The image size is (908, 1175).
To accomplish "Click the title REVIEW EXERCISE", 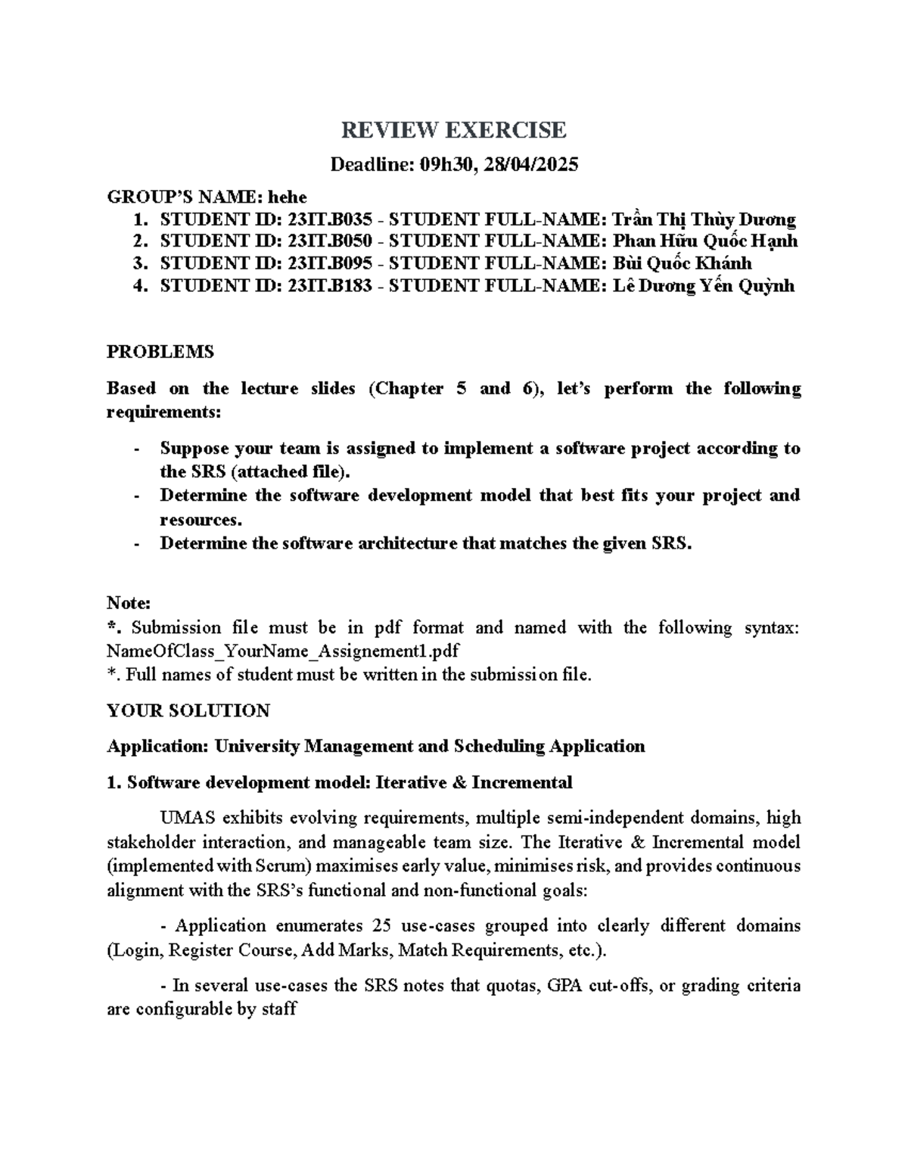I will (x=453, y=130).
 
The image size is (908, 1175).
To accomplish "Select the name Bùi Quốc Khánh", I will (x=682, y=264).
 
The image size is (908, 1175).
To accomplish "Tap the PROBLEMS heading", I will (x=160, y=352).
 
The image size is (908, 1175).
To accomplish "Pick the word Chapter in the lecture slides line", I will (x=409, y=389).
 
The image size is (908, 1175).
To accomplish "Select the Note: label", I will (x=129, y=604).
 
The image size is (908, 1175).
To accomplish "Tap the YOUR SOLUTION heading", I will (x=188, y=710).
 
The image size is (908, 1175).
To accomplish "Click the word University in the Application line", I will (x=257, y=747).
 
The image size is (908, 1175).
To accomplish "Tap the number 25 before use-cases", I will (x=382, y=926).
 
